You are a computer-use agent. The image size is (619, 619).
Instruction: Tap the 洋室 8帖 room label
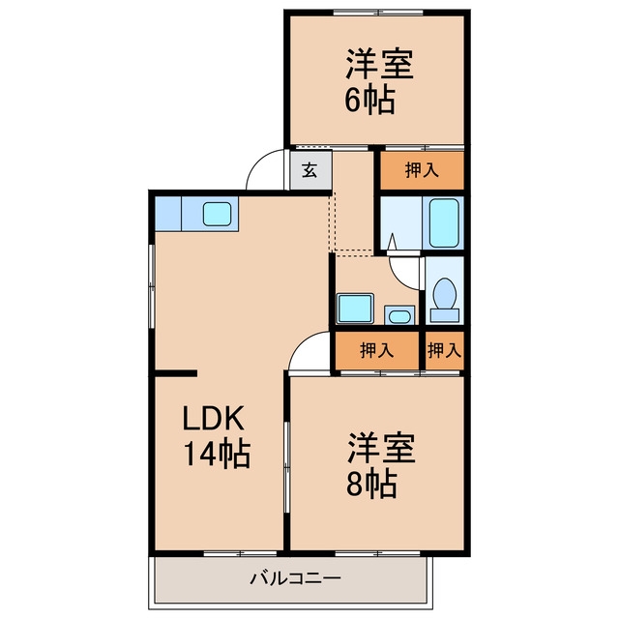coord(381,465)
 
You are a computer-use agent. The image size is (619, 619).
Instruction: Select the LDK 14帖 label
coord(217,437)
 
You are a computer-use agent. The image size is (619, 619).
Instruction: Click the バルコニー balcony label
coord(295,579)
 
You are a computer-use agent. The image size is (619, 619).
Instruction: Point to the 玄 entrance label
coord(309,170)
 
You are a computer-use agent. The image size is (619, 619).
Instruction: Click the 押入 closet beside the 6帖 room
coord(422,170)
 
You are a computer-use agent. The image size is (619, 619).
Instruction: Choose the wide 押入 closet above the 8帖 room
coord(376,350)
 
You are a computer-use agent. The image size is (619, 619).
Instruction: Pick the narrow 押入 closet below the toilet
coord(445,350)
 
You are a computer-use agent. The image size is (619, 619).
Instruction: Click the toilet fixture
coord(445,300)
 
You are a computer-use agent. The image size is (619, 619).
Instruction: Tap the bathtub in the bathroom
coord(444,223)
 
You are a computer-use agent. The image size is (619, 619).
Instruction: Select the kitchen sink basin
coord(217,214)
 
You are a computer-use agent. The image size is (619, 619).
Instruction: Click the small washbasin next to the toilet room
coord(399,315)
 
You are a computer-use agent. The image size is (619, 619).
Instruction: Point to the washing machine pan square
coord(355,309)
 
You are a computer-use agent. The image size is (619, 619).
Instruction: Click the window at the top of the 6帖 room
coord(378,13)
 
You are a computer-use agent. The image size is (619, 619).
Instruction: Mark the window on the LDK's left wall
coord(152,286)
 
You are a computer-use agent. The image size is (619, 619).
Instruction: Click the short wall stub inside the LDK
coord(176,373)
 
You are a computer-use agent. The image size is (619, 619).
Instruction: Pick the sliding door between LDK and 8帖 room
coord(287,467)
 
